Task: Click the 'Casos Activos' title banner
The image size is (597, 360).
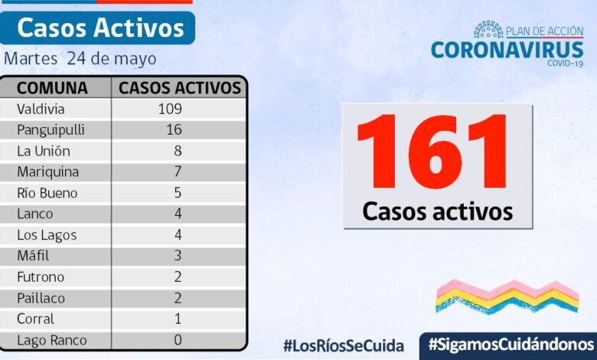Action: pos(100,28)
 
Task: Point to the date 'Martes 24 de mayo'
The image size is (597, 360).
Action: pos(80,59)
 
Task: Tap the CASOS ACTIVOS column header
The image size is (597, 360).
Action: pos(180,87)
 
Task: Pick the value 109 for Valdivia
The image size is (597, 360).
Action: pos(170,109)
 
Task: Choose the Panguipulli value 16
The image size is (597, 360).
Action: pos(174,129)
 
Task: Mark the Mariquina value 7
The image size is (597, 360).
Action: pos(178,172)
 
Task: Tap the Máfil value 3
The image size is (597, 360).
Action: pos(178,256)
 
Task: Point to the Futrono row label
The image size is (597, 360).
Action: pos(41,277)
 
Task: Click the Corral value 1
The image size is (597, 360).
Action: pos(178,319)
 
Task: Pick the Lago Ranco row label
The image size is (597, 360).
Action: pos(51,340)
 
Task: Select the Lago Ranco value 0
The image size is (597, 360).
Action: pos(178,340)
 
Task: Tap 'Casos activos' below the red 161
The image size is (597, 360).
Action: pos(437,211)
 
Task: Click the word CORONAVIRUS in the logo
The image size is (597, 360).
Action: pos(507,50)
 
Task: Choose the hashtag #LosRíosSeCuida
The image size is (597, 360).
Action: pos(343,345)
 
